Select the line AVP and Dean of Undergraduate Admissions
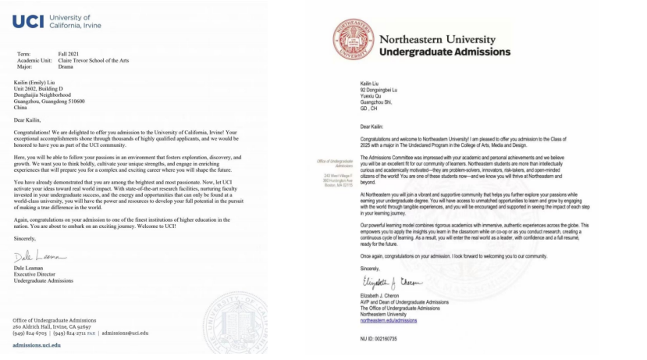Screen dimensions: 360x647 pyautogui.click(x=416, y=302)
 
